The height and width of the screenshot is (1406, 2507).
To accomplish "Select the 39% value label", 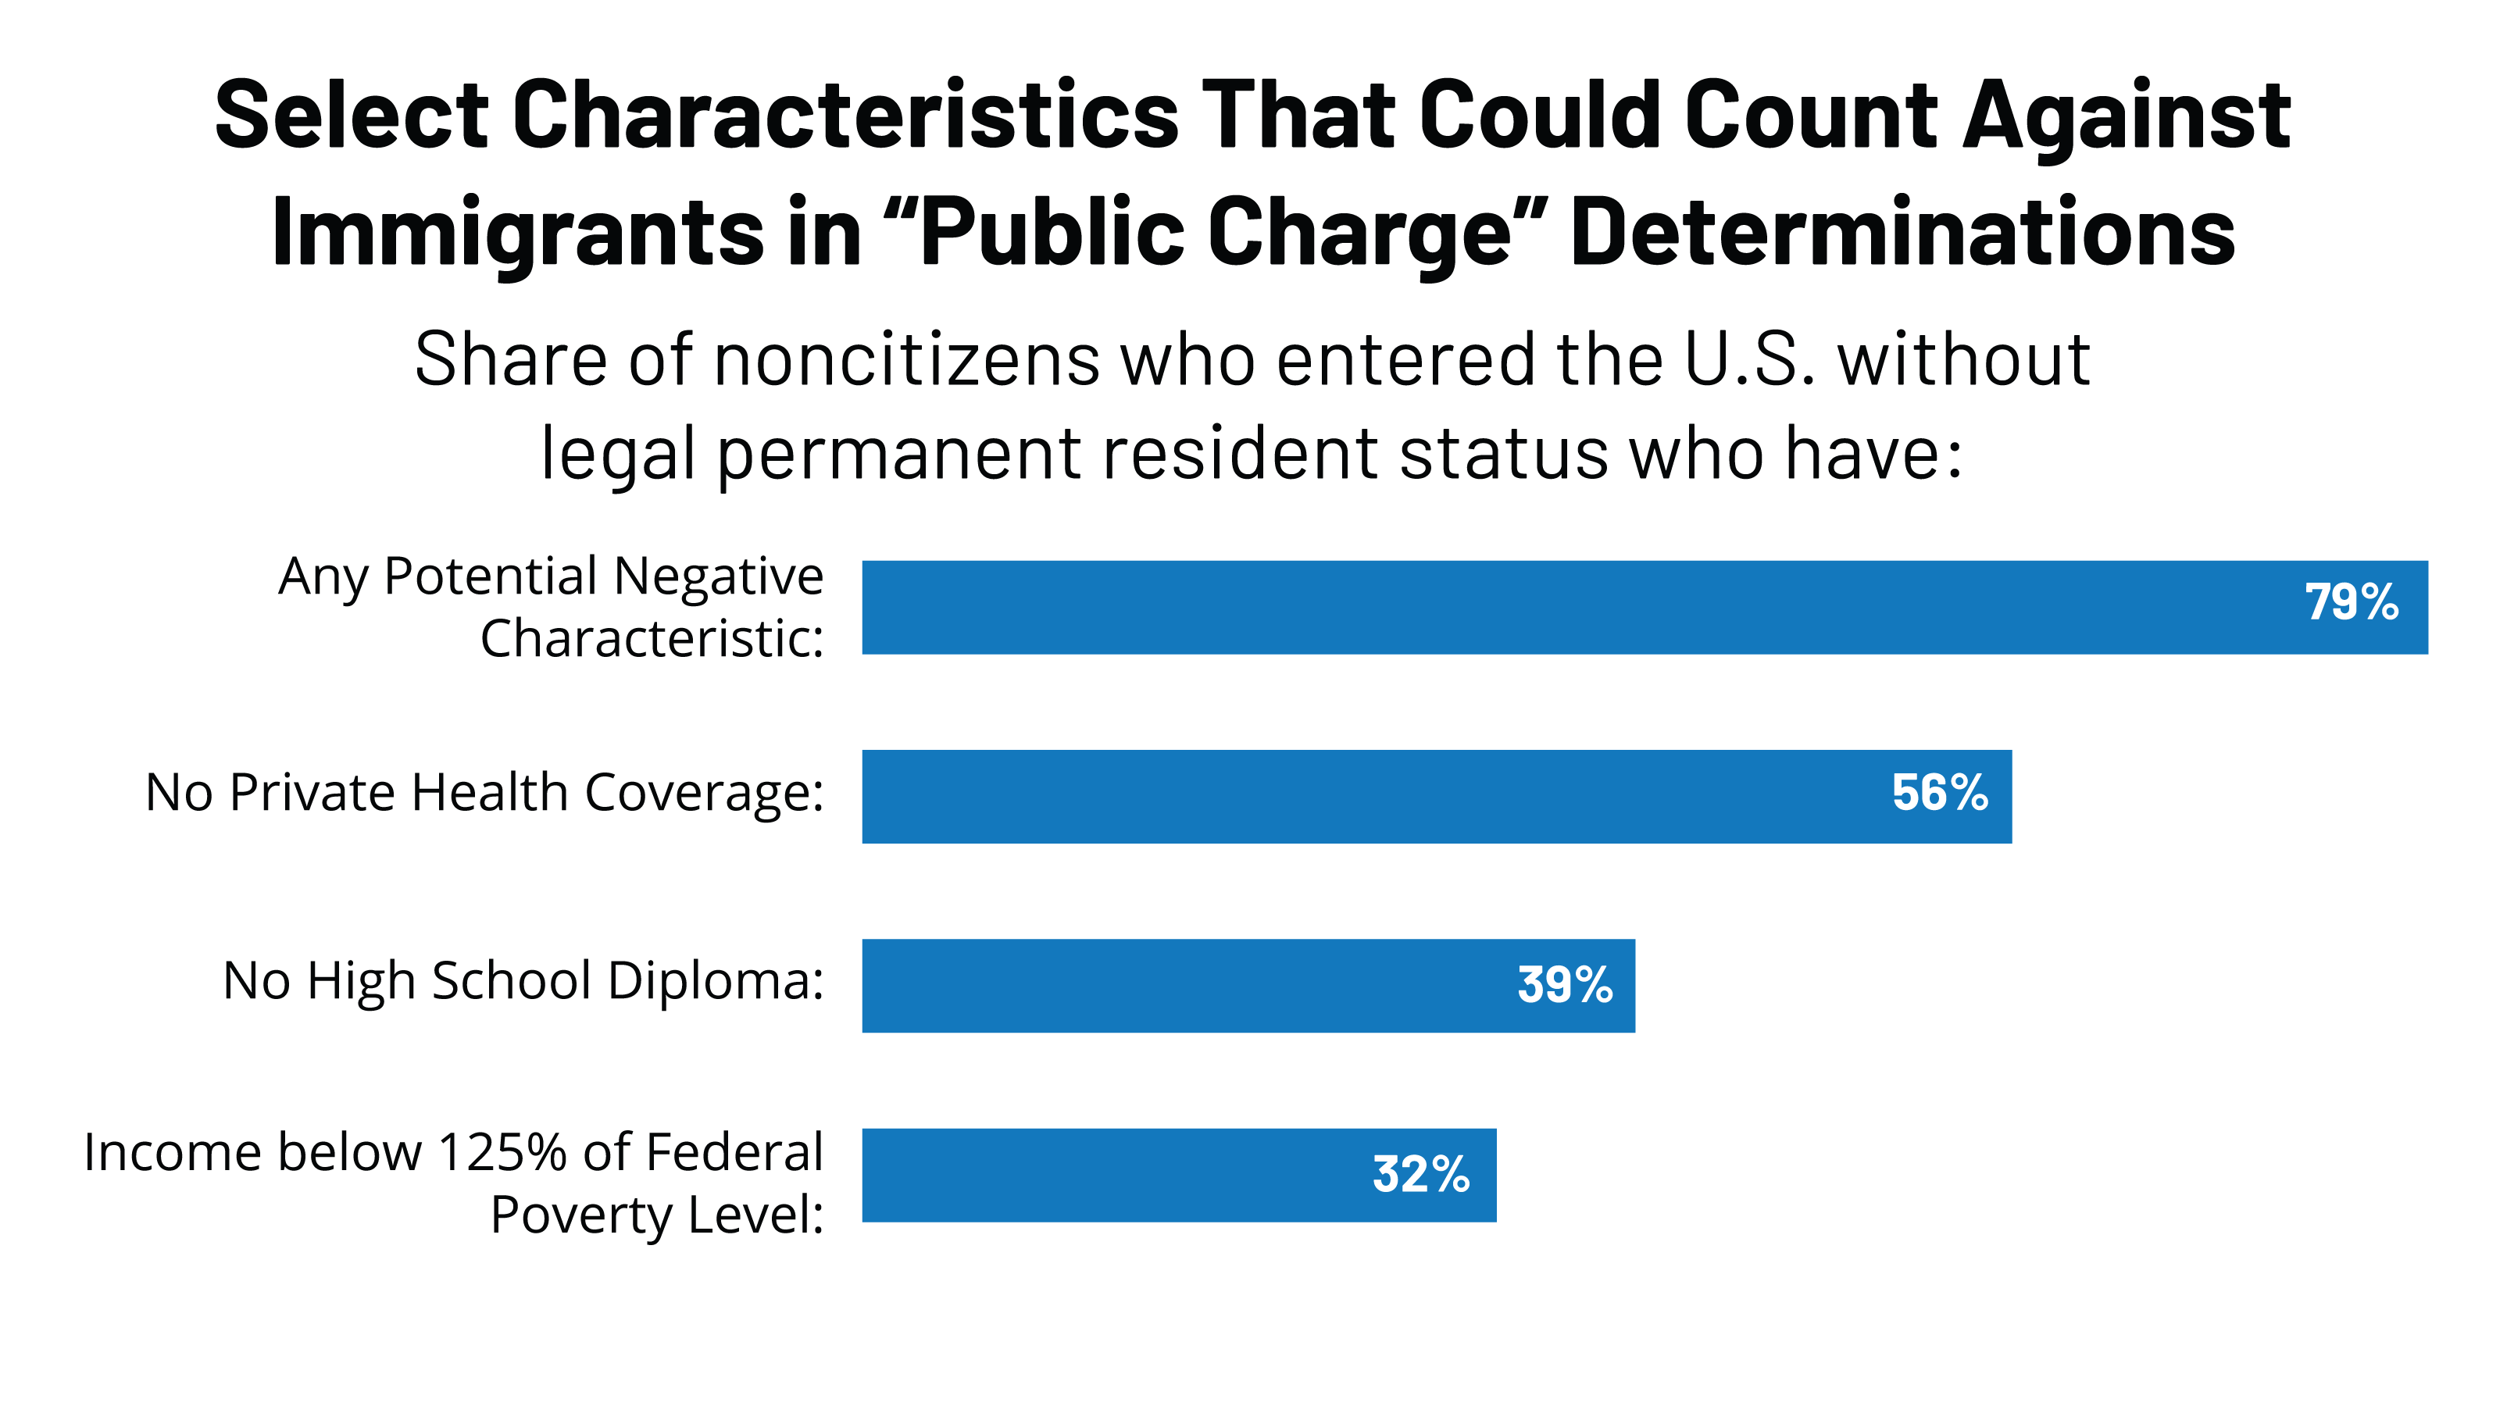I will (1565, 985).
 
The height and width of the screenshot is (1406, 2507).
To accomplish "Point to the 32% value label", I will (1420, 1175).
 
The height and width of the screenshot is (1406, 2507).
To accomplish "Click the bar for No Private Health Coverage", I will (1362, 797).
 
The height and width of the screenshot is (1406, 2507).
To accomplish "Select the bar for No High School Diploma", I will (1168, 986).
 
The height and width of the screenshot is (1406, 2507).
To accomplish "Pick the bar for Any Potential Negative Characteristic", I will (1557, 607).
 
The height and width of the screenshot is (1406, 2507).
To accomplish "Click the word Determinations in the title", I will (1902, 231).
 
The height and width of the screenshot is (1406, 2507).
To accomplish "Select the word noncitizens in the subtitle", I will (908, 360).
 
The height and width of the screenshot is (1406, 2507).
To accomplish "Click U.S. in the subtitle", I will (1749, 360).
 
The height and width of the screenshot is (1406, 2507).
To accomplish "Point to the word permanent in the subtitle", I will (900, 453).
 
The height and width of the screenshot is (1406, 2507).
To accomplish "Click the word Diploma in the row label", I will (716, 981).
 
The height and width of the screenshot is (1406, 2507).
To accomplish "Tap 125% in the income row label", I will (502, 1152).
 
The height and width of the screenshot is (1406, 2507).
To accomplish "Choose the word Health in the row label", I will (490, 792).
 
